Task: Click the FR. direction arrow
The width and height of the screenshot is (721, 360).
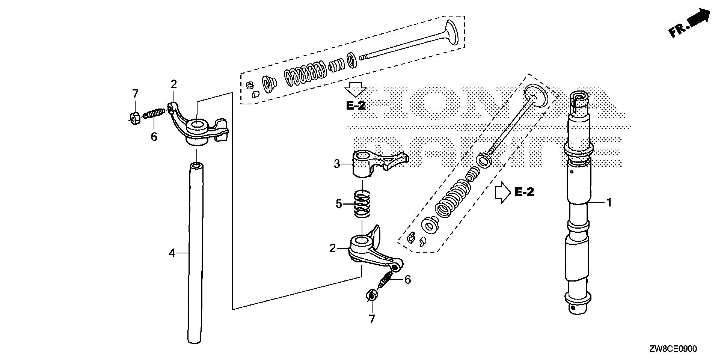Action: click(691, 23)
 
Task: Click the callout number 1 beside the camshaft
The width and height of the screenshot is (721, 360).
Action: click(609, 203)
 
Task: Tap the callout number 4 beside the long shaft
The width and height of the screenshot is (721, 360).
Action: click(172, 253)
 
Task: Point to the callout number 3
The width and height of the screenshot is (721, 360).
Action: click(337, 164)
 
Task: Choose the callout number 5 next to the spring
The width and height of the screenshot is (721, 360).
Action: click(339, 204)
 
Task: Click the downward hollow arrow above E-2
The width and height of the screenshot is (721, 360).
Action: click(355, 89)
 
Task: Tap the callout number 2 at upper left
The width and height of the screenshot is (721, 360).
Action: click(173, 84)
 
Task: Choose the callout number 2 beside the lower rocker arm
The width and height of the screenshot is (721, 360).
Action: click(332, 248)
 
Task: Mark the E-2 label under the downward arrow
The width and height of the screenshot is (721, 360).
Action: click(355, 105)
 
